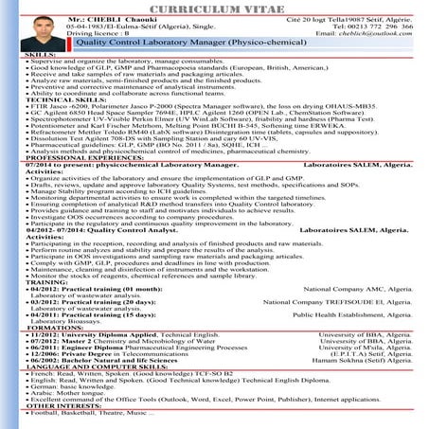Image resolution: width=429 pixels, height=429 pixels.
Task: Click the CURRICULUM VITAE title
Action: pyautogui.click(x=214, y=7)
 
